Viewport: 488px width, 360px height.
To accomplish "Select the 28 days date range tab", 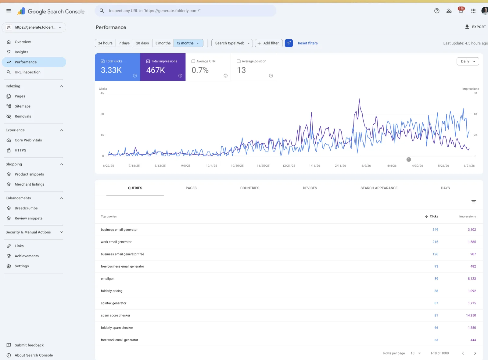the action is pyautogui.click(x=142, y=43).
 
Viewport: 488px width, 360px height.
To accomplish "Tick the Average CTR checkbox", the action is pyautogui.click(x=193, y=61).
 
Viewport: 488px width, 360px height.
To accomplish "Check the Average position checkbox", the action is pyautogui.click(x=239, y=61).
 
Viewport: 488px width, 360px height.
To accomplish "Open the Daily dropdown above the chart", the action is pyautogui.click(x=468, y=61).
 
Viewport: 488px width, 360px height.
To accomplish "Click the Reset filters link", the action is pyautogui.click(x=307, y=43).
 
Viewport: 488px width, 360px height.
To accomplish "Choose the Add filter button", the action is pyautogui.click(x=268, y=43).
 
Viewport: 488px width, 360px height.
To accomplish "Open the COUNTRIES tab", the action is pyautogui.click(x=250, y=188).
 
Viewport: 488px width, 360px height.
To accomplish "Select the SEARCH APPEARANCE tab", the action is pyautogui.click(x=379, y=188).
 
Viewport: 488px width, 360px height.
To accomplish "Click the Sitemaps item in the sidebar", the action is pyautogui.click(x=23, y=106).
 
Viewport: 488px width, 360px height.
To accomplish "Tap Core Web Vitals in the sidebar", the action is pyautogui.click(x=28, y=140).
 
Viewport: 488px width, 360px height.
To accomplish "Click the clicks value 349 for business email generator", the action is pyautogui.click(x=435, y=230).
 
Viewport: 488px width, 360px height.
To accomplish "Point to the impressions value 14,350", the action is pyautogui.click(x=471, y=315).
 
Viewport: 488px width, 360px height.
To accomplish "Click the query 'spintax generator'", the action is pyautogui.click(x=113, y=303).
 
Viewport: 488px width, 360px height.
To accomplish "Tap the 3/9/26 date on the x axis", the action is pyautogui.click(x=366, y=166).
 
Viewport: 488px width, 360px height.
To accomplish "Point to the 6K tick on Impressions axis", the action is pyautogui.click(x=475, y=93).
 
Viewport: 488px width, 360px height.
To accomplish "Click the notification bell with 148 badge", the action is pyautogui.click(x=461, y=11).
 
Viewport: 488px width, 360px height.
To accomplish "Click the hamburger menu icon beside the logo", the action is pyautogui.click(x=9, y=11).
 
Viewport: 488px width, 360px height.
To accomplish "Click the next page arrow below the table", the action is pyautogui.click(x=475, y=353).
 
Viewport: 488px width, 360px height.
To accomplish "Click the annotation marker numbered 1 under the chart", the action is pyautogui.click(x=409, y=159).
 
